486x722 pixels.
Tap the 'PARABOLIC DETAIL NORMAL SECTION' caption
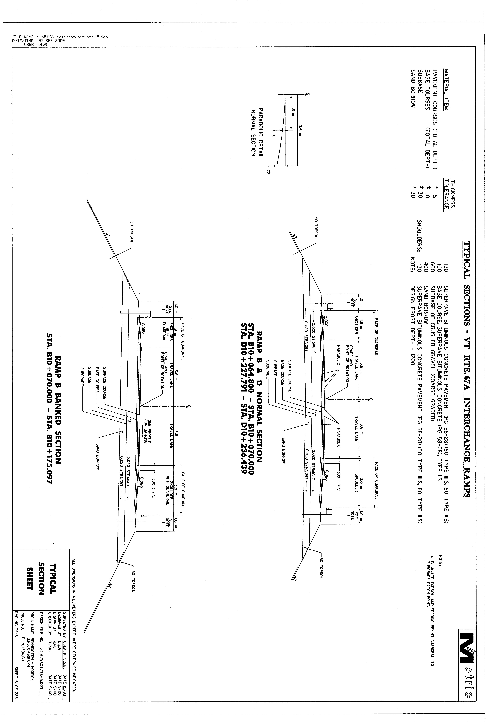point(257,132)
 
